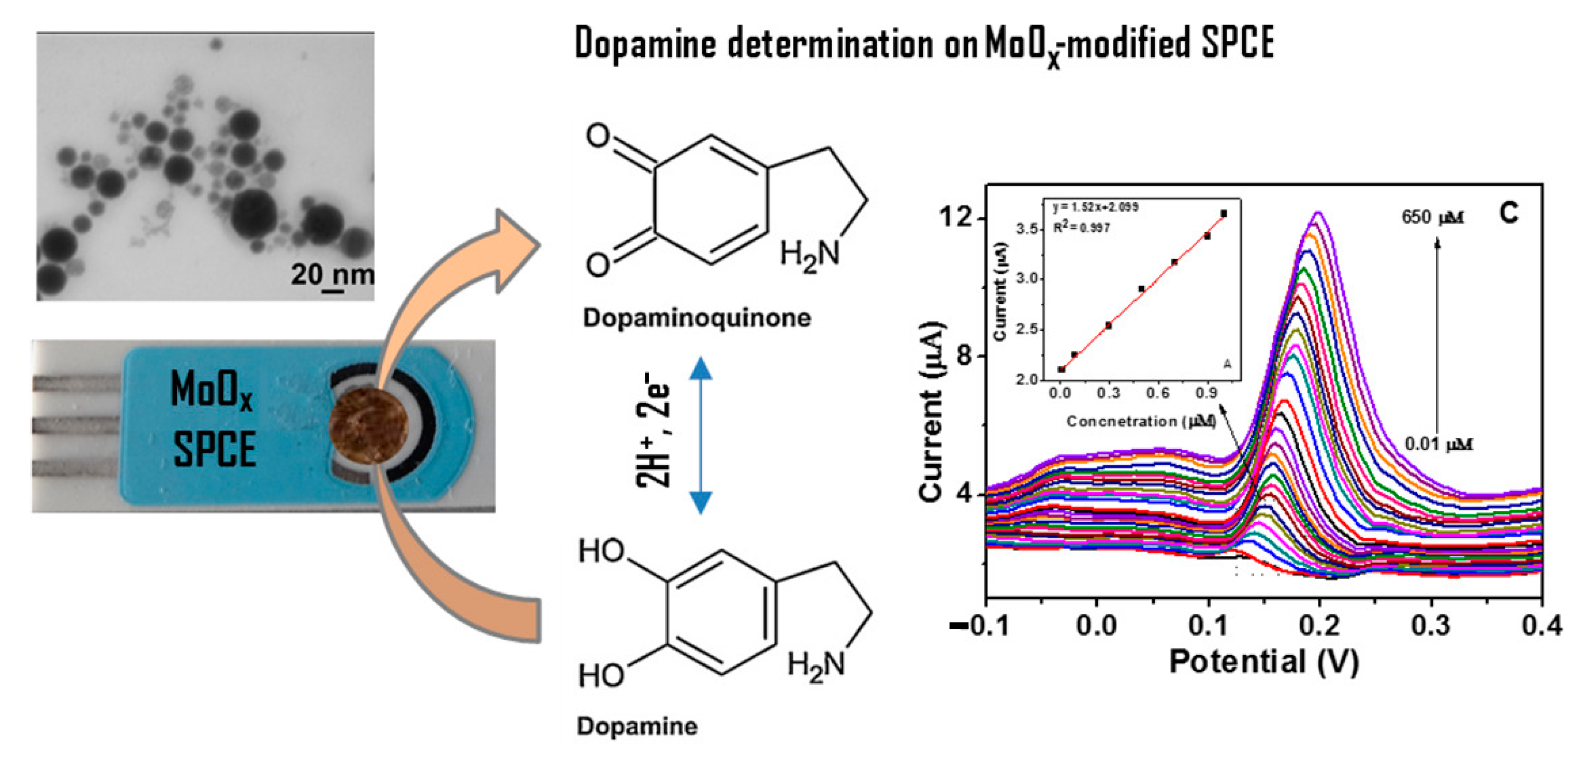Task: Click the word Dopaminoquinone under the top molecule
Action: (697, 318)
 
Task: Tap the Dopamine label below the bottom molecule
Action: (637, 726)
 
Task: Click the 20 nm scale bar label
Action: (331, 274)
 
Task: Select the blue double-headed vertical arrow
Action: (701, 435)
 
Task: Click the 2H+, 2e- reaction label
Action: (654, 429)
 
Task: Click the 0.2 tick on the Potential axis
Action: (1320, 625)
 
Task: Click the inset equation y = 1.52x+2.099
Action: (1095, 207)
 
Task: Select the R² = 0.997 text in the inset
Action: (1082, 227)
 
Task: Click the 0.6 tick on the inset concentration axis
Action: (1157, 393)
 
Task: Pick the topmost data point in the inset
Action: (1223, 213)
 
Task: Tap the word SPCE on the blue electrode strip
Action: (214, 449)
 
